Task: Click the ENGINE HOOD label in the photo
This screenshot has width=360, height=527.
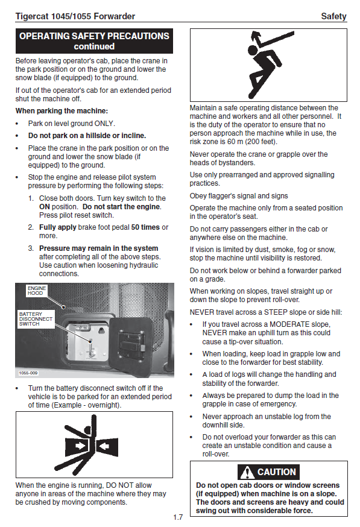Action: (x=37, y=291)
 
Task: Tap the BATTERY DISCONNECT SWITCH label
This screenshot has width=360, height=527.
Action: (x=36, y=319)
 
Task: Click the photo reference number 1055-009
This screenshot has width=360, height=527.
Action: (x=28, y=373)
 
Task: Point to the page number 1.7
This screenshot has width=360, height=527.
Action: (x=178, y=517)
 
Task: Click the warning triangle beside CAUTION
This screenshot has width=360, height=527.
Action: (x=247, y=472)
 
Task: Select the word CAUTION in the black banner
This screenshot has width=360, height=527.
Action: (x=276, y=472)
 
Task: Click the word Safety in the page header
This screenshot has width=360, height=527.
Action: (x=333, y=16)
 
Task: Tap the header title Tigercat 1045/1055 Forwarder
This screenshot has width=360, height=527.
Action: (x=75, y=16)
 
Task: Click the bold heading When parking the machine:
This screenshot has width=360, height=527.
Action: (x=62, y=111)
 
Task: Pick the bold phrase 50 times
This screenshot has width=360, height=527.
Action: (x=145, y=227)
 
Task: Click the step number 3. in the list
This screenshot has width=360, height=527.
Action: (x=31, y=248)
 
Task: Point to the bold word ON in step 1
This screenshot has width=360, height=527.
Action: (x=45, y=207)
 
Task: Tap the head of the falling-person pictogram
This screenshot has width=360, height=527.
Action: (x=252, y=51)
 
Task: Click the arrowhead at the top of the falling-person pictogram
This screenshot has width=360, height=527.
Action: (x=256, y=35)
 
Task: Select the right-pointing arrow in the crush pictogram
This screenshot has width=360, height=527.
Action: (x=80, y=446)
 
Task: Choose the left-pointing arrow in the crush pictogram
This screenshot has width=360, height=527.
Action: (x=105, y=446)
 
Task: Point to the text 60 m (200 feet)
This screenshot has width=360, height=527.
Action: (x=252, y=142)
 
